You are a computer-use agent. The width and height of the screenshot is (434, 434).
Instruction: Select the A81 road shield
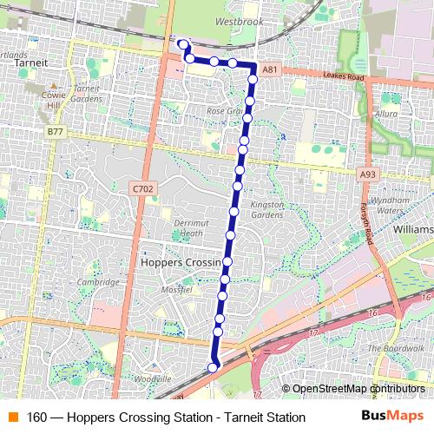(x=270, y=69)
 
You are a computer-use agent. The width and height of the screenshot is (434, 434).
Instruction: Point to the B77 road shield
(x=56, y=131)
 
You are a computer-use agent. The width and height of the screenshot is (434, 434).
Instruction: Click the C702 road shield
(x=143, y=187)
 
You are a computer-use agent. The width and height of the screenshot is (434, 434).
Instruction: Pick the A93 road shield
(x=368, y=174)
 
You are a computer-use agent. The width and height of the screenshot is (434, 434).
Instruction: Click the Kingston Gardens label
(x=266, y=209)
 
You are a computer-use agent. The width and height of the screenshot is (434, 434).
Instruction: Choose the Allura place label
(x=385, y=114)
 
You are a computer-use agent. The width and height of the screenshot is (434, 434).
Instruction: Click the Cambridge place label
(x=97, y=281)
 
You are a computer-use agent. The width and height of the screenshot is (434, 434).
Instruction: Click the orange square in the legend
(x=12, y=418)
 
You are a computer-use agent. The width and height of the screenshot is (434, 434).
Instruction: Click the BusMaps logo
(x=392, y=417)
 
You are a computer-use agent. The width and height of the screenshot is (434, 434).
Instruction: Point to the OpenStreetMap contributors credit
(x=358, y=389)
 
